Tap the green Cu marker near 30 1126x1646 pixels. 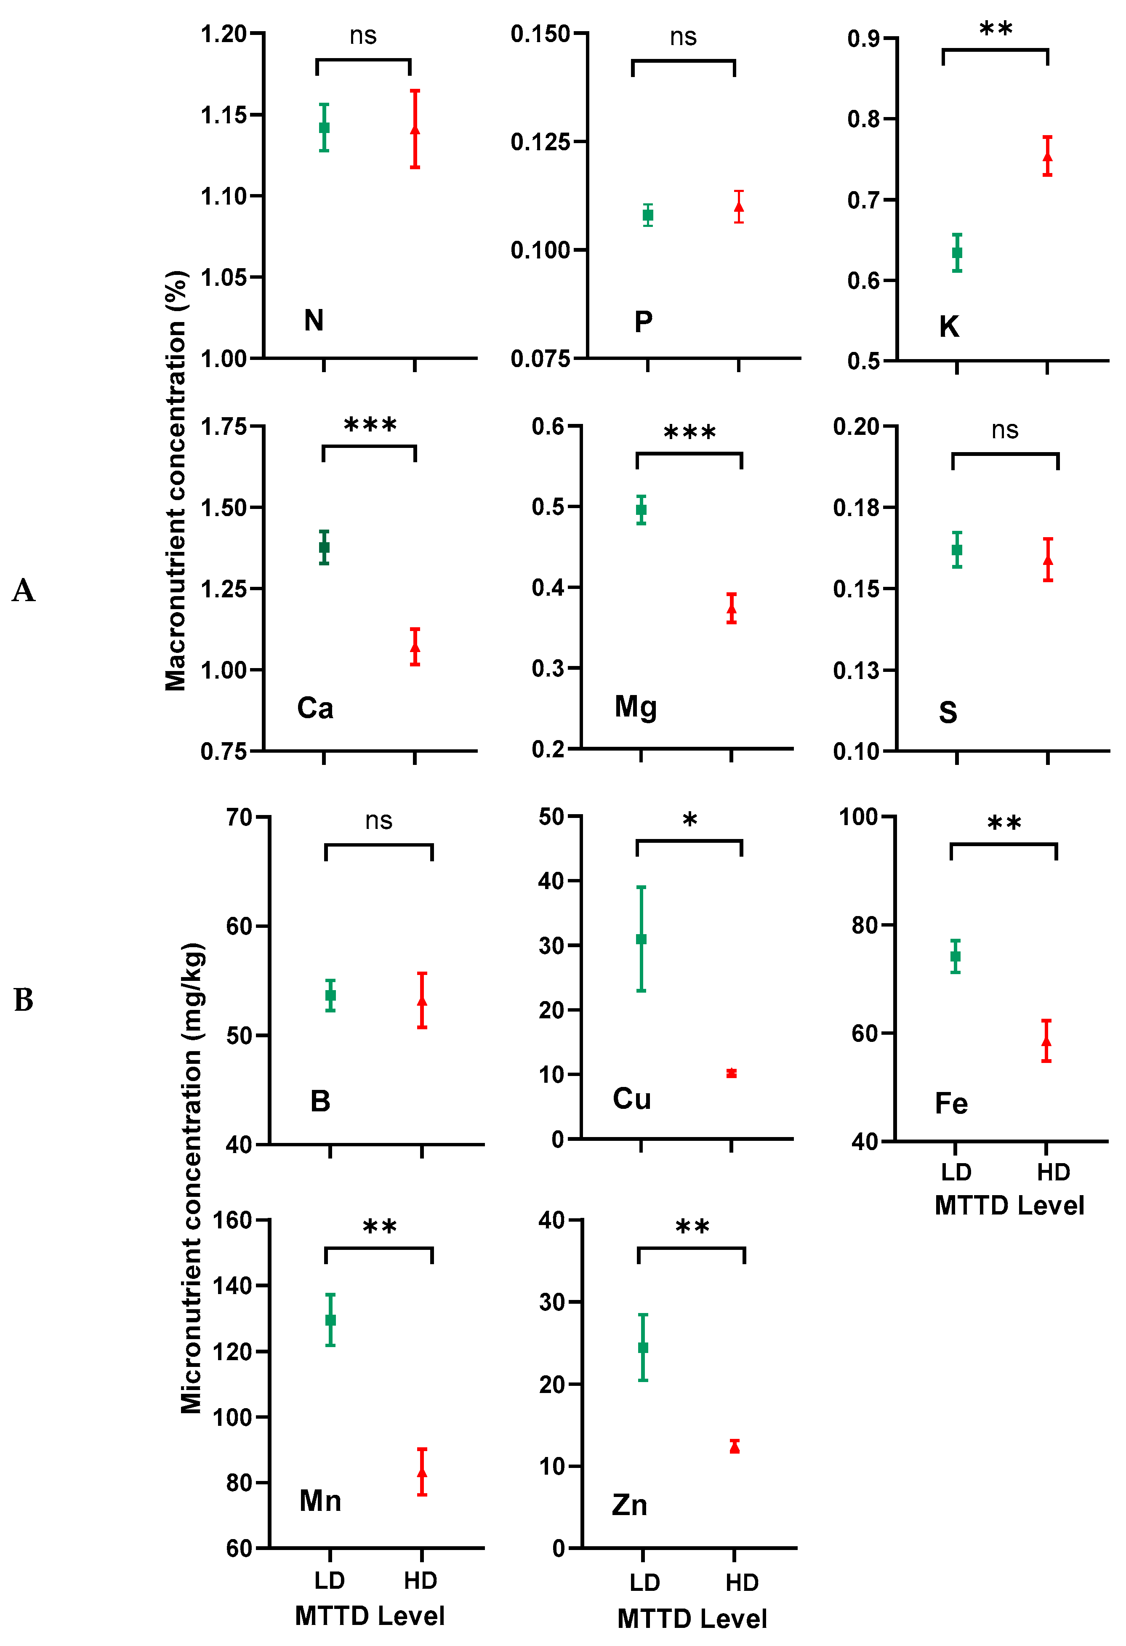641,939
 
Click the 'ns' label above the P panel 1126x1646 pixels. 684,37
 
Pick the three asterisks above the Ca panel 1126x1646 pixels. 370,425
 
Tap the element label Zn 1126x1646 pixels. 630,1505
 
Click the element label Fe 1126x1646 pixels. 951,1103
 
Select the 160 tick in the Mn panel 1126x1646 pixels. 232,1220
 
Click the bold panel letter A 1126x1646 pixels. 24,590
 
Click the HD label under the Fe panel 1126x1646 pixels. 1053,1172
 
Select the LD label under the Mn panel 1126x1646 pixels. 329,1580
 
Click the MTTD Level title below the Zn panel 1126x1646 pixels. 692,1618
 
